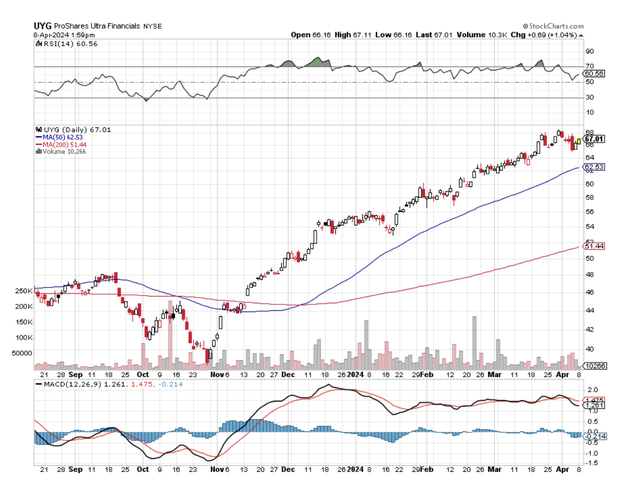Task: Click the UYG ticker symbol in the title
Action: (x=43, y=26)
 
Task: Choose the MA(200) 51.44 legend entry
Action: (x=63, y=144)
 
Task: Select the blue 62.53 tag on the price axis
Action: (x=594, y=167)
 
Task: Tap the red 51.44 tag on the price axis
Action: (x=594, y=246)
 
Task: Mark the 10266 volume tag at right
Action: (x=594, y=366)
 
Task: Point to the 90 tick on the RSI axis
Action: (x=589, y=51)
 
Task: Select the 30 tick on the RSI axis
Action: (x=589, y=98)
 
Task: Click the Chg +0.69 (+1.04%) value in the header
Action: (x=555, y=35)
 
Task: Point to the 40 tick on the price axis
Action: (x=589, y=349)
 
